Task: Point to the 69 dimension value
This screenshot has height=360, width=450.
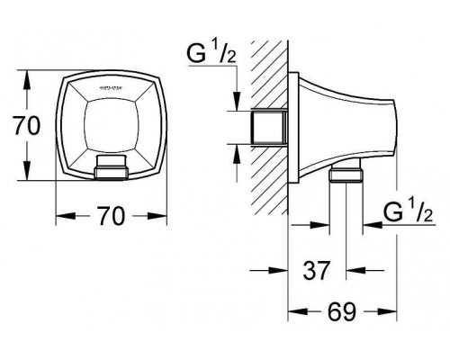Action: point(341,311)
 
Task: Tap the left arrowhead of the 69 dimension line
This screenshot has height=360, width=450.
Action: point(292,310)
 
